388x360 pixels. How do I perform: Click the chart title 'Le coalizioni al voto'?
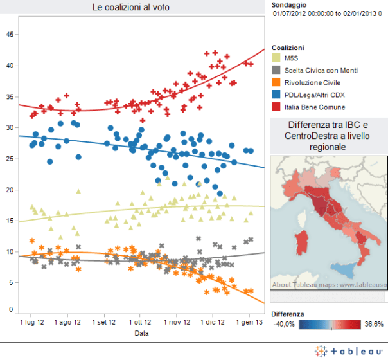(135, 7)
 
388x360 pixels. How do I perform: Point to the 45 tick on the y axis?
(9, 35)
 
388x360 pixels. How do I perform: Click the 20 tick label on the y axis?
(9, 190)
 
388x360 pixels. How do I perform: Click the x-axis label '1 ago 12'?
(68, 321)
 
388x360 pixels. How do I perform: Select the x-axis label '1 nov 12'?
(177, 321)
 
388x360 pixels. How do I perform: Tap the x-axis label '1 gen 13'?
(249, 321)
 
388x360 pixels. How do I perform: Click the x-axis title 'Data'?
(141, 334)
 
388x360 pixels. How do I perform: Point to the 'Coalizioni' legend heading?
(288, 48)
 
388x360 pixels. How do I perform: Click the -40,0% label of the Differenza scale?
(283, 323)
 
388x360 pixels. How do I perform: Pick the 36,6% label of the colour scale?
(373, 323)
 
